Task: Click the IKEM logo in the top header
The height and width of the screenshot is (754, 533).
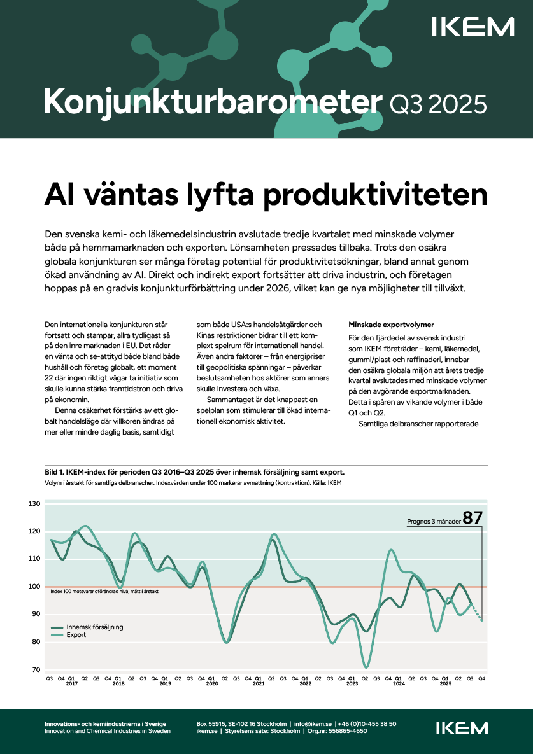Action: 473,27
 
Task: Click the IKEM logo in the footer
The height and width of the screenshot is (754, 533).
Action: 462,728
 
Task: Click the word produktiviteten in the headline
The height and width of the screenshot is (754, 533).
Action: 375,195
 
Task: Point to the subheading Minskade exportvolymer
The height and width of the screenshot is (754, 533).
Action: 391,325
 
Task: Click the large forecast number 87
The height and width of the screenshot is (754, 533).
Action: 473,518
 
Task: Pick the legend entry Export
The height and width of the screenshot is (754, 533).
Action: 76,635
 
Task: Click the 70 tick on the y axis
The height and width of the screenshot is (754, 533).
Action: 36,670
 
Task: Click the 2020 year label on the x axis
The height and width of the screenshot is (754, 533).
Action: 212,683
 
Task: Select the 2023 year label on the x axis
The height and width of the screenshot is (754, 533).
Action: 352,683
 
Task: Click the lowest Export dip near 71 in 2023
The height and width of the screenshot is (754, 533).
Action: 366,667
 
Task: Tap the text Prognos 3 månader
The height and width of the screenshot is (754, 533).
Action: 434,522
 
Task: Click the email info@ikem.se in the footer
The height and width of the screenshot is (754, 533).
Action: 313,723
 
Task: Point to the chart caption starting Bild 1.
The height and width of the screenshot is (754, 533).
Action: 194,472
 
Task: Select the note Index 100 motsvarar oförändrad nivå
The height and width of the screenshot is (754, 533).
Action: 104,591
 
